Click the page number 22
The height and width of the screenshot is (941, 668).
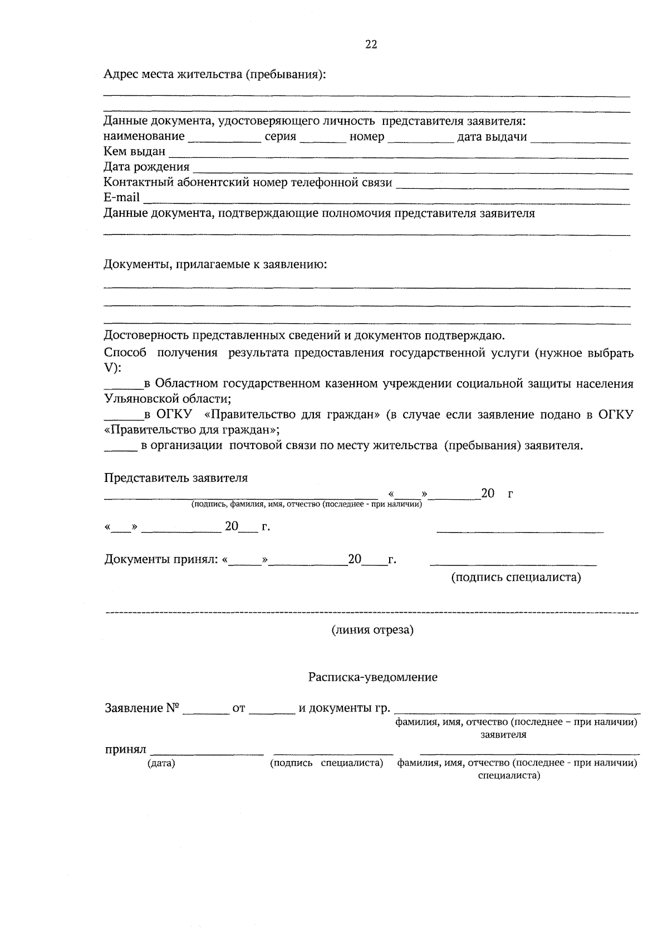click(371, 45)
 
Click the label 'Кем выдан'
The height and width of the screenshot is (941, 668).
click(134, 152)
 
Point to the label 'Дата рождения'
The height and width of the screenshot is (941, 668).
click(146, 167)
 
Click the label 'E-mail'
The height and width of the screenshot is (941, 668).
click(121, 197)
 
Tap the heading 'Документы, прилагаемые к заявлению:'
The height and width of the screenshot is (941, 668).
click(215, 264)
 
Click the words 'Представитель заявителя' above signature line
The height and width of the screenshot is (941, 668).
click(176, 478)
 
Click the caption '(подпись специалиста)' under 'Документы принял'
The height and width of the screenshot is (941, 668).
click(515, 577)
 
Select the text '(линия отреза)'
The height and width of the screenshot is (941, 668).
click(372, 630)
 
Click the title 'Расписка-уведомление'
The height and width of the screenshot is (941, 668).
click(373, 677)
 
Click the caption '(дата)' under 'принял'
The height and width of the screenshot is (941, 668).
click(161, 763)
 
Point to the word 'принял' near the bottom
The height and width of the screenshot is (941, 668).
click(125, 750)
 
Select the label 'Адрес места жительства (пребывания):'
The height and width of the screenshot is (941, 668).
click(214, 74)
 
